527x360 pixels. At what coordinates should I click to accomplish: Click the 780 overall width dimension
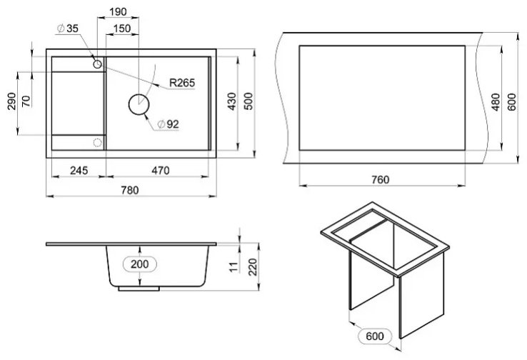130,190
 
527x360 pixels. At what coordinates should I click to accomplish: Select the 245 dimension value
79,171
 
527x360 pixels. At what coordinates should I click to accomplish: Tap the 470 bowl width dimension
161,171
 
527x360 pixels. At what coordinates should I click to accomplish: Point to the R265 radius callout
182,83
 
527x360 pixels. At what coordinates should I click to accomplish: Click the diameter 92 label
169,124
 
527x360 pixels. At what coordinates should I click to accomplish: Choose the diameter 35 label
68,29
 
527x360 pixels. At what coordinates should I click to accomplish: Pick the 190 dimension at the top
119,12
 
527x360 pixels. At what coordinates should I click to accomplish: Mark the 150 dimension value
121,29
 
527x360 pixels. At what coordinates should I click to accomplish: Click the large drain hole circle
139,104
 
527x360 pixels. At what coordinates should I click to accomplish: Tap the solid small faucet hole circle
97,64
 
